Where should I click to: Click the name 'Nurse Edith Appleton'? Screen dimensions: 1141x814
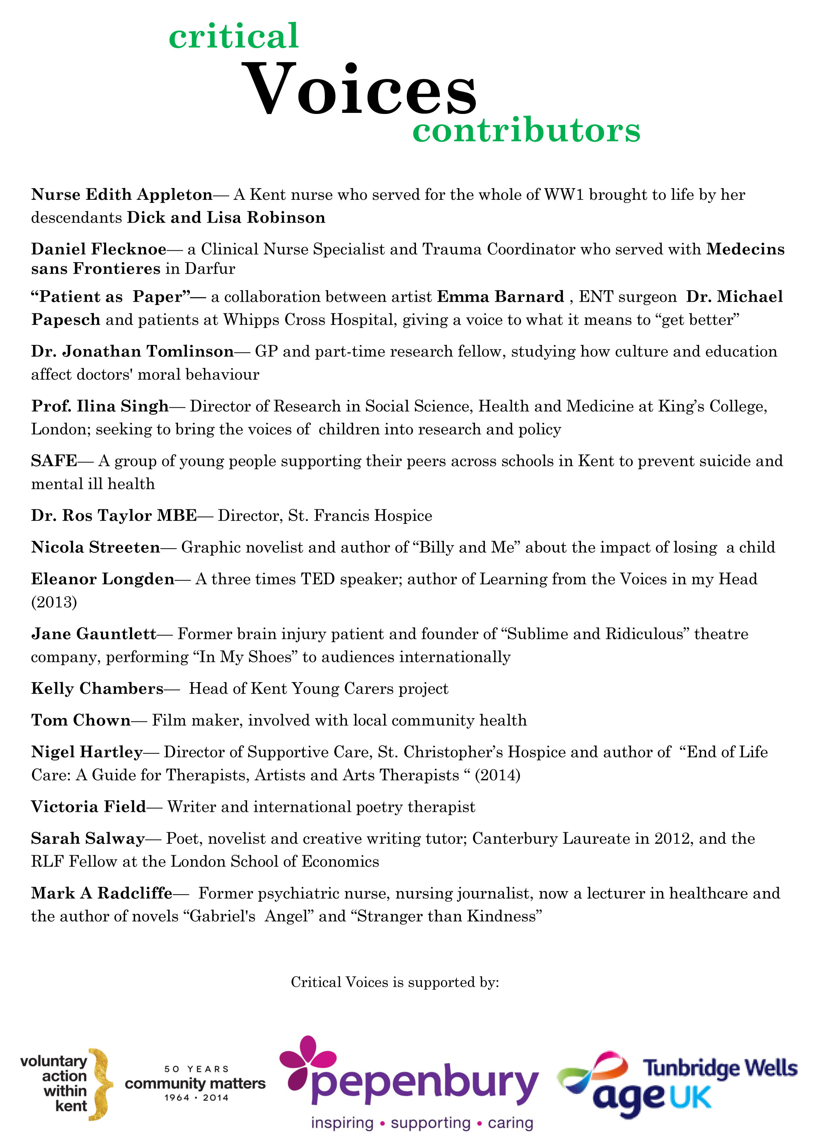122,195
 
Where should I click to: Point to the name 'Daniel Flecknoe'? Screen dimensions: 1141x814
99,249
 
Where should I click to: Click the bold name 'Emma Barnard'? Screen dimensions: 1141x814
500,297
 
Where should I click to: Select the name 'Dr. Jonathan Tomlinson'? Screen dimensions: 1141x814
132,352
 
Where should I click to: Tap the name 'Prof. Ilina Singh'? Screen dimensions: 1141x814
100,406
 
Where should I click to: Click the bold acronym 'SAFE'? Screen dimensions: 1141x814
54,461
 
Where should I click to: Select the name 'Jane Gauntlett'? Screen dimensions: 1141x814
94,634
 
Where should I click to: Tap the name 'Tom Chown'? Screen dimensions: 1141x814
81,720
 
